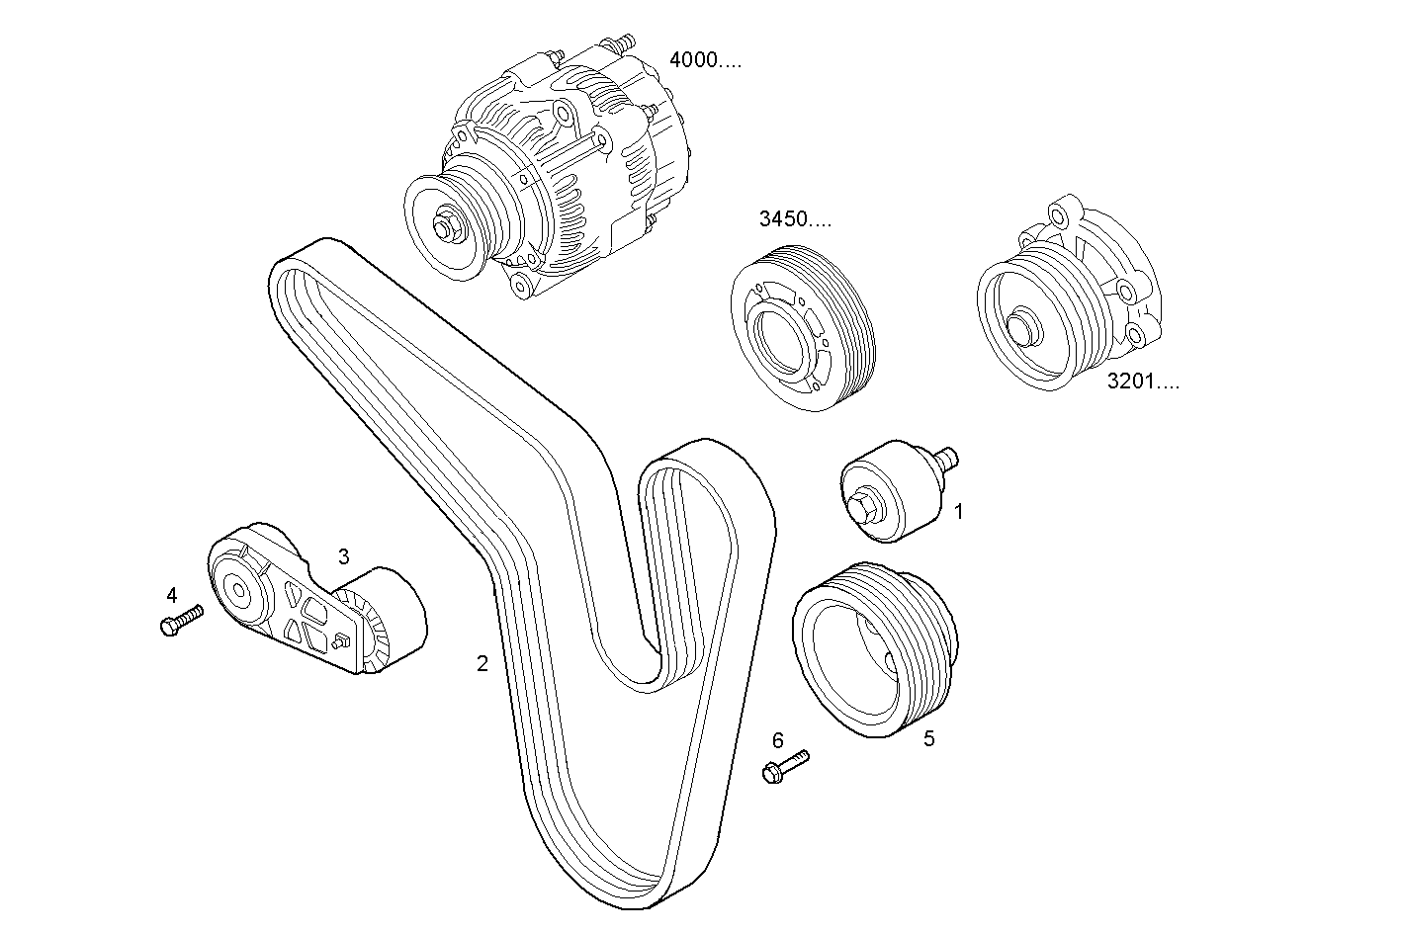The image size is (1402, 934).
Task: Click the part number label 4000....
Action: pos(705,60)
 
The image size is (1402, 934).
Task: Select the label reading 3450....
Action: pos(795,219)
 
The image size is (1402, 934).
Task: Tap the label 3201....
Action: pos(1142,382)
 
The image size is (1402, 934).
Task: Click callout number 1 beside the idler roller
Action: pos(958,512)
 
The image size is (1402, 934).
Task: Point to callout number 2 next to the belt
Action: pos(482,664)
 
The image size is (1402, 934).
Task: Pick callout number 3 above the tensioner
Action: pos(343,556)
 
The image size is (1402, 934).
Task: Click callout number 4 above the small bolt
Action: pos(172,595)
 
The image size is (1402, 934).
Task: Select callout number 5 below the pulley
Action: pos(928,738)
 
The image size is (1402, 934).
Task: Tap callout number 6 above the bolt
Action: pos(777,740)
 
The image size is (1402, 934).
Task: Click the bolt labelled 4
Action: pos(180,621)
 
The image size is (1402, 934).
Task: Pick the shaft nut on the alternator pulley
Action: pos(446,229)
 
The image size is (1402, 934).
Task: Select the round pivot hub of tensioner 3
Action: pos(237,592)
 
